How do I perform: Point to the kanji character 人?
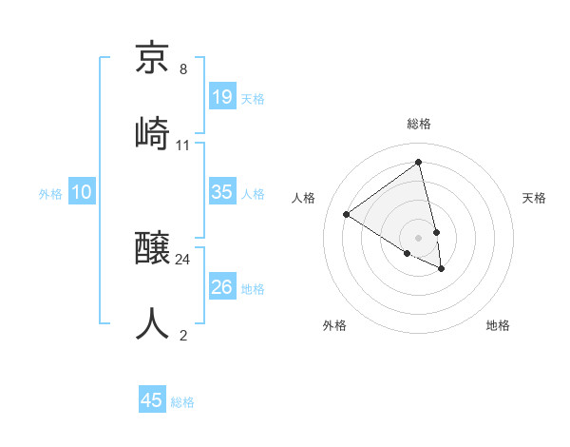click(153, 322)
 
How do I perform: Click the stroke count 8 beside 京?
click(183, 69)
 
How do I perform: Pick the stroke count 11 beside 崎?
click(183, 145)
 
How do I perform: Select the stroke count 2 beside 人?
click(183, 335)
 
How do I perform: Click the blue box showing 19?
click(221, 97)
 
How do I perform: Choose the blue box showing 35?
click(221, 192)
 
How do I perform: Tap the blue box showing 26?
click(221, 287)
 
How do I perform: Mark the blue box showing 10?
click(82, 192)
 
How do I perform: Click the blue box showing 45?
click(152, 400)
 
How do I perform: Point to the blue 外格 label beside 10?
click(50, 194)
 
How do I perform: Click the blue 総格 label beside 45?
click(182, 402)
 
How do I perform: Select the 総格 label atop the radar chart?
click(419, 124)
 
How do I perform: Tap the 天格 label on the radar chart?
click(535, 198)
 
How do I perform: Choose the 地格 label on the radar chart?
click(498, 325)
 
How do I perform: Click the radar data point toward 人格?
click(347, 214)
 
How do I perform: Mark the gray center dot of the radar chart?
click(419, 237)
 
